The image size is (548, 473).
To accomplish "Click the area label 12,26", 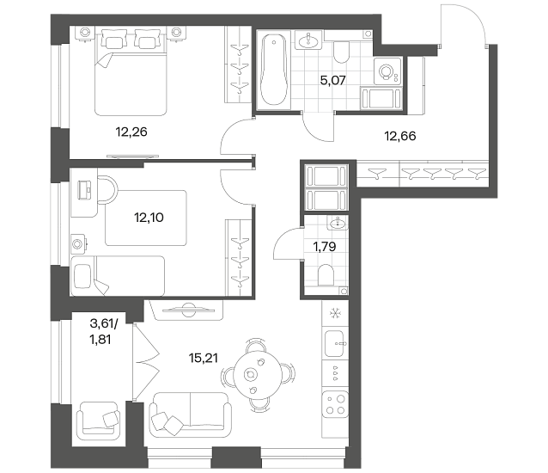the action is [x=131, y=132].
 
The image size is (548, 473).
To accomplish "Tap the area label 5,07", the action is [x=332, y=81].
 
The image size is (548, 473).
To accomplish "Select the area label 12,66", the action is [x=400, y=136].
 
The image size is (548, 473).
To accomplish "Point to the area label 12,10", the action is [x=149, y=218].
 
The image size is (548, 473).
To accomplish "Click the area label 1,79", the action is [x=325, y=247].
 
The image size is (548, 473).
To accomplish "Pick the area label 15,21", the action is [x=203, y=358].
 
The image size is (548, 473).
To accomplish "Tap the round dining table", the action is [x=258, y=374].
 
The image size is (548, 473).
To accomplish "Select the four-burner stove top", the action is [x=335, y=404].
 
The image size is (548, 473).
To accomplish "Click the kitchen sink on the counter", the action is [x=335, y=343].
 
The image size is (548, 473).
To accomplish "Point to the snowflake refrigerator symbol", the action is [x=335, y=313].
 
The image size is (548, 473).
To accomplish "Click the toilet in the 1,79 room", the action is [x=326, y=275].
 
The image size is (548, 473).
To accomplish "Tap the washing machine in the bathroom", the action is [x=387, y=71].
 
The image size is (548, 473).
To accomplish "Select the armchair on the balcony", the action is [x=98, y=421].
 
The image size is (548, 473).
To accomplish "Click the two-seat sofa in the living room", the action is [x=190, y=415].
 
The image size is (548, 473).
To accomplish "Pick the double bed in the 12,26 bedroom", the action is [x=131, y=72].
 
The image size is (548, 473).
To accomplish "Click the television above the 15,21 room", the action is [x=189, y=310].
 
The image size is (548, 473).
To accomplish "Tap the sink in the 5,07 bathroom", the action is [x=308, y=40].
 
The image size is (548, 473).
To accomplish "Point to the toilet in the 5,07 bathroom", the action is [x=342, y=52].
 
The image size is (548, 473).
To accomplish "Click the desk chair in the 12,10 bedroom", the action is [x=107, y=189].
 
